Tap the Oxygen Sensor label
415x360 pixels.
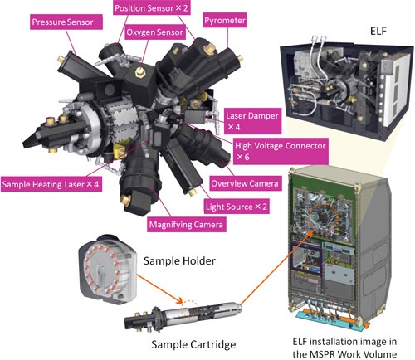pyautogui.click(x=153, y=33)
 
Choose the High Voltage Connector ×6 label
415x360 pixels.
pyautogui.click(x=280, y=150)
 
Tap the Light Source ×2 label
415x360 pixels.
pyautogui.click(x=233, y=203)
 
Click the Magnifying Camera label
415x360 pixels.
pyautogui.click(x=184, y=223)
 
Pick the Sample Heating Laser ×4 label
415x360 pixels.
pyautogui.click(x=50, y=183)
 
